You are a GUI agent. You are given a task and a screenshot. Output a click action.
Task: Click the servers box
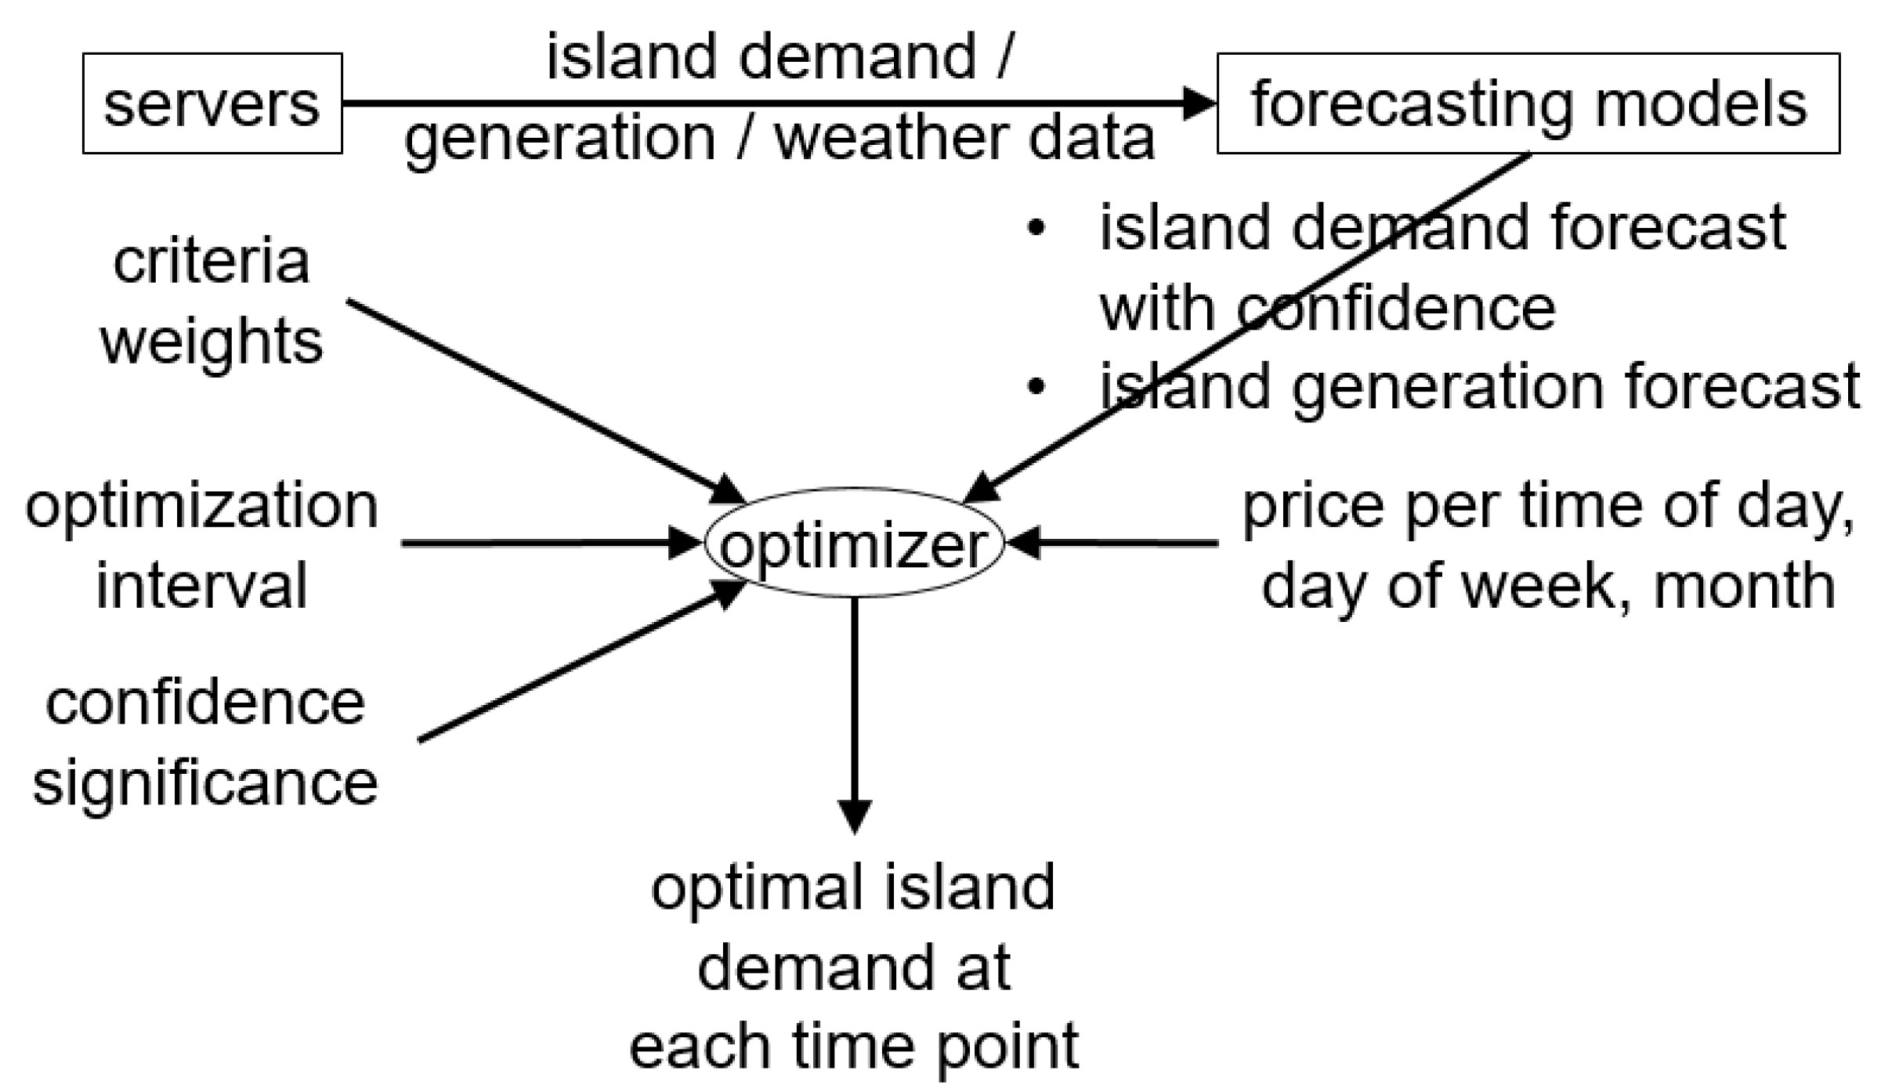coord(212,103)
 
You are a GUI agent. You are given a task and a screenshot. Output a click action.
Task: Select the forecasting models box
coord(1528,103)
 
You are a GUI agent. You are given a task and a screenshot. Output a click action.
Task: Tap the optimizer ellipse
coord(854,543)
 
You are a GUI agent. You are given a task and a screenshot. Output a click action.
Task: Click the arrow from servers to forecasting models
coord(776,103)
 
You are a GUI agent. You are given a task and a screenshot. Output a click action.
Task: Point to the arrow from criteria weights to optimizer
coord(541,400)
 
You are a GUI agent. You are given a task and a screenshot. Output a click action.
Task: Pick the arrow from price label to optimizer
coord(1112,542)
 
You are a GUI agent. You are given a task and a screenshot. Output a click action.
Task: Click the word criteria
coord(212,262)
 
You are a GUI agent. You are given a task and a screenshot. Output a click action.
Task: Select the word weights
coord(212,342)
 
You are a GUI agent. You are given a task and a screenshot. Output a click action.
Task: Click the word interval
coord(202,586)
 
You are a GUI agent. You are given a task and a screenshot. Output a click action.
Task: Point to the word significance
coord(205,783)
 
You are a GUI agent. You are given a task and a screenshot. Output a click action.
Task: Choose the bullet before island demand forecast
coord(1036,228)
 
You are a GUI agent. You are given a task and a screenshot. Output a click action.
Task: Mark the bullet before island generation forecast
coord(1036,387)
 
